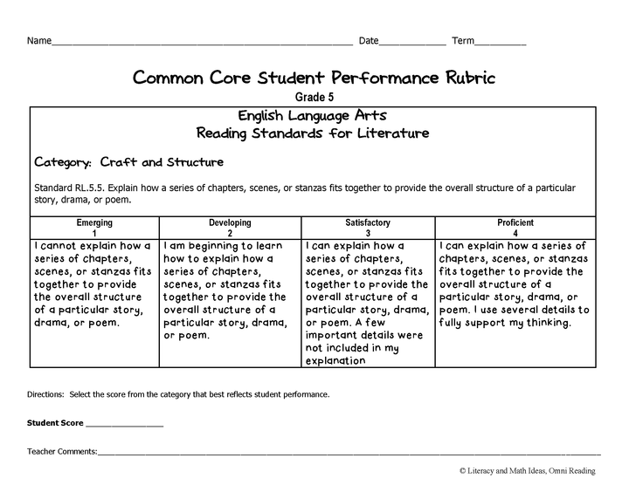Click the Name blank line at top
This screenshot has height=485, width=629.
(x=201, y=43)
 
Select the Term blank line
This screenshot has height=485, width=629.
(x=501, y=43)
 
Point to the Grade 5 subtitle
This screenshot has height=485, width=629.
(x=314, y=98)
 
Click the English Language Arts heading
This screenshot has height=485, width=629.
(x=313, y=116)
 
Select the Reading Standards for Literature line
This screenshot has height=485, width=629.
(x=313, y=133)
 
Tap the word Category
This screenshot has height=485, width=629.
(x=63, y=162)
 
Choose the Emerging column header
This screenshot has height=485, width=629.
(x=95, y=223)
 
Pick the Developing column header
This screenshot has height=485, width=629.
(x=230, y=223)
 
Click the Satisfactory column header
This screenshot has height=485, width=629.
(x=368, y=223)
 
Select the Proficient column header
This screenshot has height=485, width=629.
(x=515, y=223)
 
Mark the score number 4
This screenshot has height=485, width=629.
(x=515, y=233)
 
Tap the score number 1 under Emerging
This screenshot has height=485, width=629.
(x=95, y=233)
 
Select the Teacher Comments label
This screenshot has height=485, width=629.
(x=62, y=451)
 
